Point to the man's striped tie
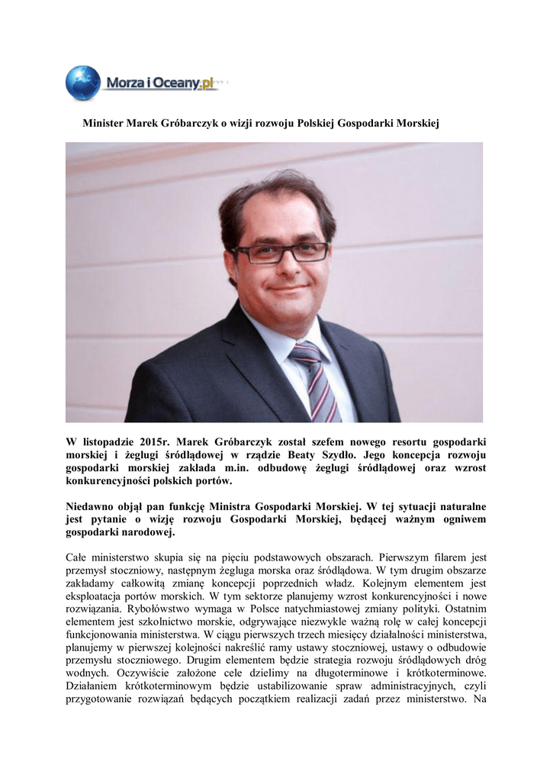click(315, 381)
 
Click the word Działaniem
click(93, 687)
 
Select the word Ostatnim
click(462, 609)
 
